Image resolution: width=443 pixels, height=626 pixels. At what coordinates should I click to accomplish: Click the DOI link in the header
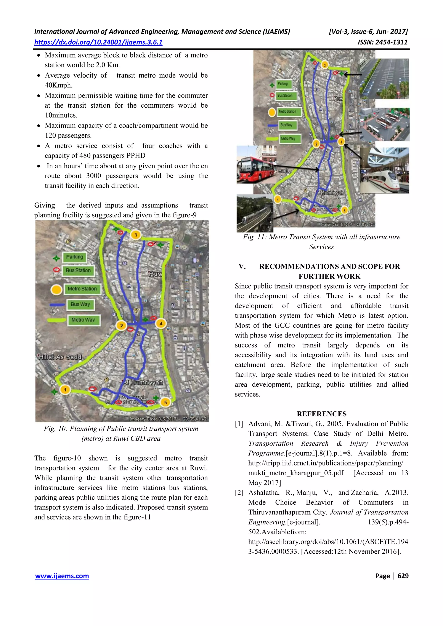pyautogui.click(x=98, y=42)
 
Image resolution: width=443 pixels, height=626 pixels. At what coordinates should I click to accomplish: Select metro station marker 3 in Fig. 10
pyautogui.click(x=136, y=235)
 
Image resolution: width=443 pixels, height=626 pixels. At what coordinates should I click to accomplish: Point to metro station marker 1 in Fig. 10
pyautogui.click(x=65, y=390)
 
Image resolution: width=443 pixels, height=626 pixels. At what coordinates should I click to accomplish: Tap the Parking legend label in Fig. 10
pyautogui.click(x=74, y=257)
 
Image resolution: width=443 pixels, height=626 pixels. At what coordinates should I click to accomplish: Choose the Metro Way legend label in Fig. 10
pyautogui.click(x=83, y=320)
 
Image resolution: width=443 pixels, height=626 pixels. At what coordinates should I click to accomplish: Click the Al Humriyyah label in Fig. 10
pyautogui.click(x=143, y=382)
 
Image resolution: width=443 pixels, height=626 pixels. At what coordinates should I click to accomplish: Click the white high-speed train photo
pyautogui.click(x=384, y=170)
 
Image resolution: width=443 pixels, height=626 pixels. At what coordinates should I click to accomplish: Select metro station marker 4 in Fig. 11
pyautogui.click(x=341, y=142)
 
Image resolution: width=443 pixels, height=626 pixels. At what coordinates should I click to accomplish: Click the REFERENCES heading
pyautogui.click(x=321, y=414)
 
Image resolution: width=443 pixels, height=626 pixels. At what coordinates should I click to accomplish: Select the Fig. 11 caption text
pyautogui.click(x=321, y=242)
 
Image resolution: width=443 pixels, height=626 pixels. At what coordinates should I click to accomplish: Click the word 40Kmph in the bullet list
pyautogui.click(x=58, y=85)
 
